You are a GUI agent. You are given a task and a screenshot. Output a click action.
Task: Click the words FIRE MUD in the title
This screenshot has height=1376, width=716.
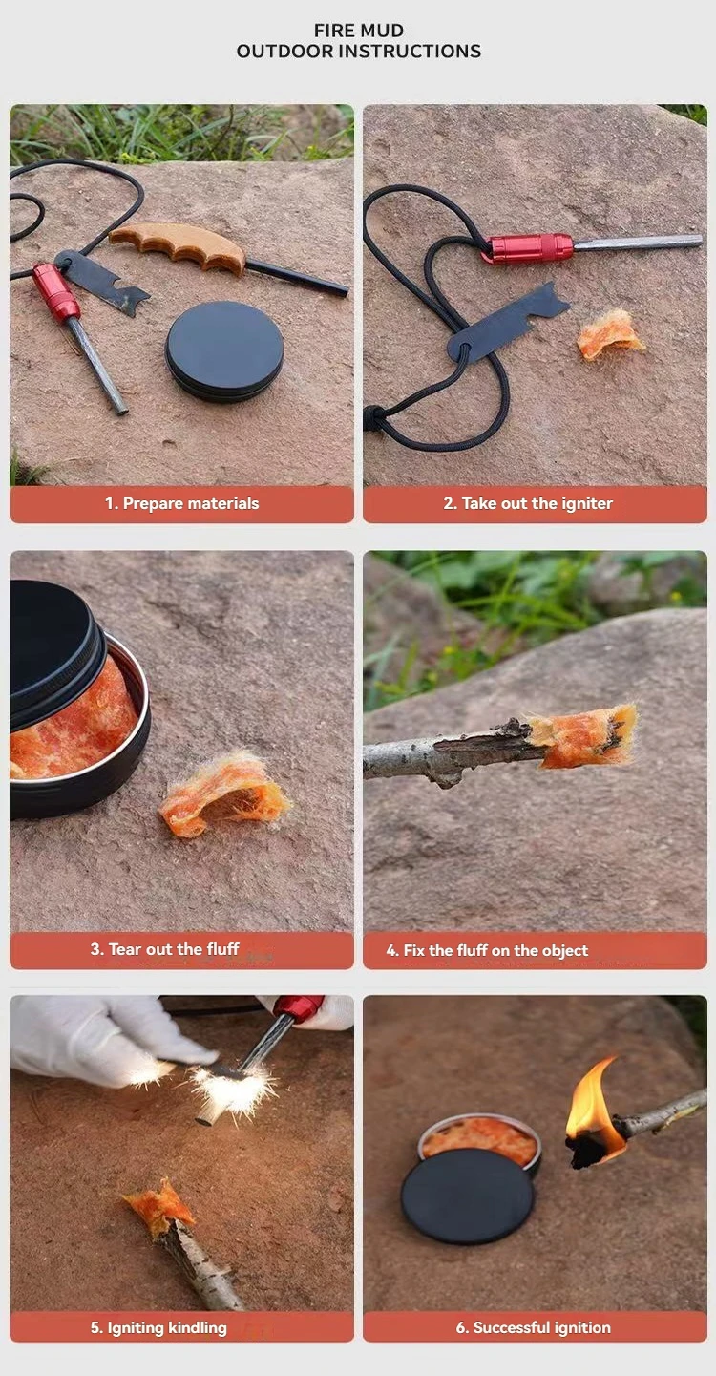point(359,31)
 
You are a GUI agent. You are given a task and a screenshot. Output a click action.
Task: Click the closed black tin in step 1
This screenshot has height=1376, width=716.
point(224,351)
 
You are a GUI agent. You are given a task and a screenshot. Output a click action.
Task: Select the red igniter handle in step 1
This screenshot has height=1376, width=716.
point(55,290)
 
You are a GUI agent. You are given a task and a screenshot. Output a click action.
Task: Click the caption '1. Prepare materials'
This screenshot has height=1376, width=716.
point(181,504)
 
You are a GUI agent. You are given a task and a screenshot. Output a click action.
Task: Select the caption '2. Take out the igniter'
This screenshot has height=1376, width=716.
point(528,504)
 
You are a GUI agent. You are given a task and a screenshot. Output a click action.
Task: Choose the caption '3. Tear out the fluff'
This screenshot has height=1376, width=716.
point(164,950)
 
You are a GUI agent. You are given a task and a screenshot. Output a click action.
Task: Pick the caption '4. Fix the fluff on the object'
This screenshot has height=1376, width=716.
point(487,951)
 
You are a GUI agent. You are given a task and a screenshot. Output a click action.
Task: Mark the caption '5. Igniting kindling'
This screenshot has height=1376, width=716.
point(158,1328)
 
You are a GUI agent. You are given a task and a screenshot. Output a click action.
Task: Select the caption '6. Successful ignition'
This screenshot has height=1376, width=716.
point(533,1328)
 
